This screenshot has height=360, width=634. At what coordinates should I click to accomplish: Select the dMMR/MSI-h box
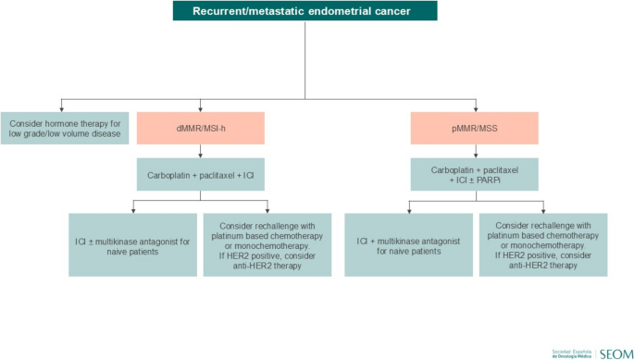[201, 128]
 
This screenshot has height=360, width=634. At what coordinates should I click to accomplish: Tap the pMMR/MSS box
[474, 128]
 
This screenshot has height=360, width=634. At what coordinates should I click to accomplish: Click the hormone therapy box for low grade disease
[62, 128]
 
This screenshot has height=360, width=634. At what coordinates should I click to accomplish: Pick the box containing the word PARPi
[474, 174]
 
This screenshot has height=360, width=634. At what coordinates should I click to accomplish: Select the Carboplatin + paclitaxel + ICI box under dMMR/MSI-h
[201, 173]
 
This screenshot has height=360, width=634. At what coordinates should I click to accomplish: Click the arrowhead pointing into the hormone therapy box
[62, 108]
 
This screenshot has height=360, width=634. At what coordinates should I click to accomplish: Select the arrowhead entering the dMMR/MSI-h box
[201, 108]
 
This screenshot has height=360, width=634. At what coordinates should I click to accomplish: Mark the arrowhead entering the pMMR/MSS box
[474, 108]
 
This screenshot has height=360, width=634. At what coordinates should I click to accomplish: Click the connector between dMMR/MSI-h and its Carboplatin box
[201, 151]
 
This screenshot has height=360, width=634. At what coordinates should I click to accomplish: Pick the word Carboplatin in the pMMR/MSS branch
[452, 168]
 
